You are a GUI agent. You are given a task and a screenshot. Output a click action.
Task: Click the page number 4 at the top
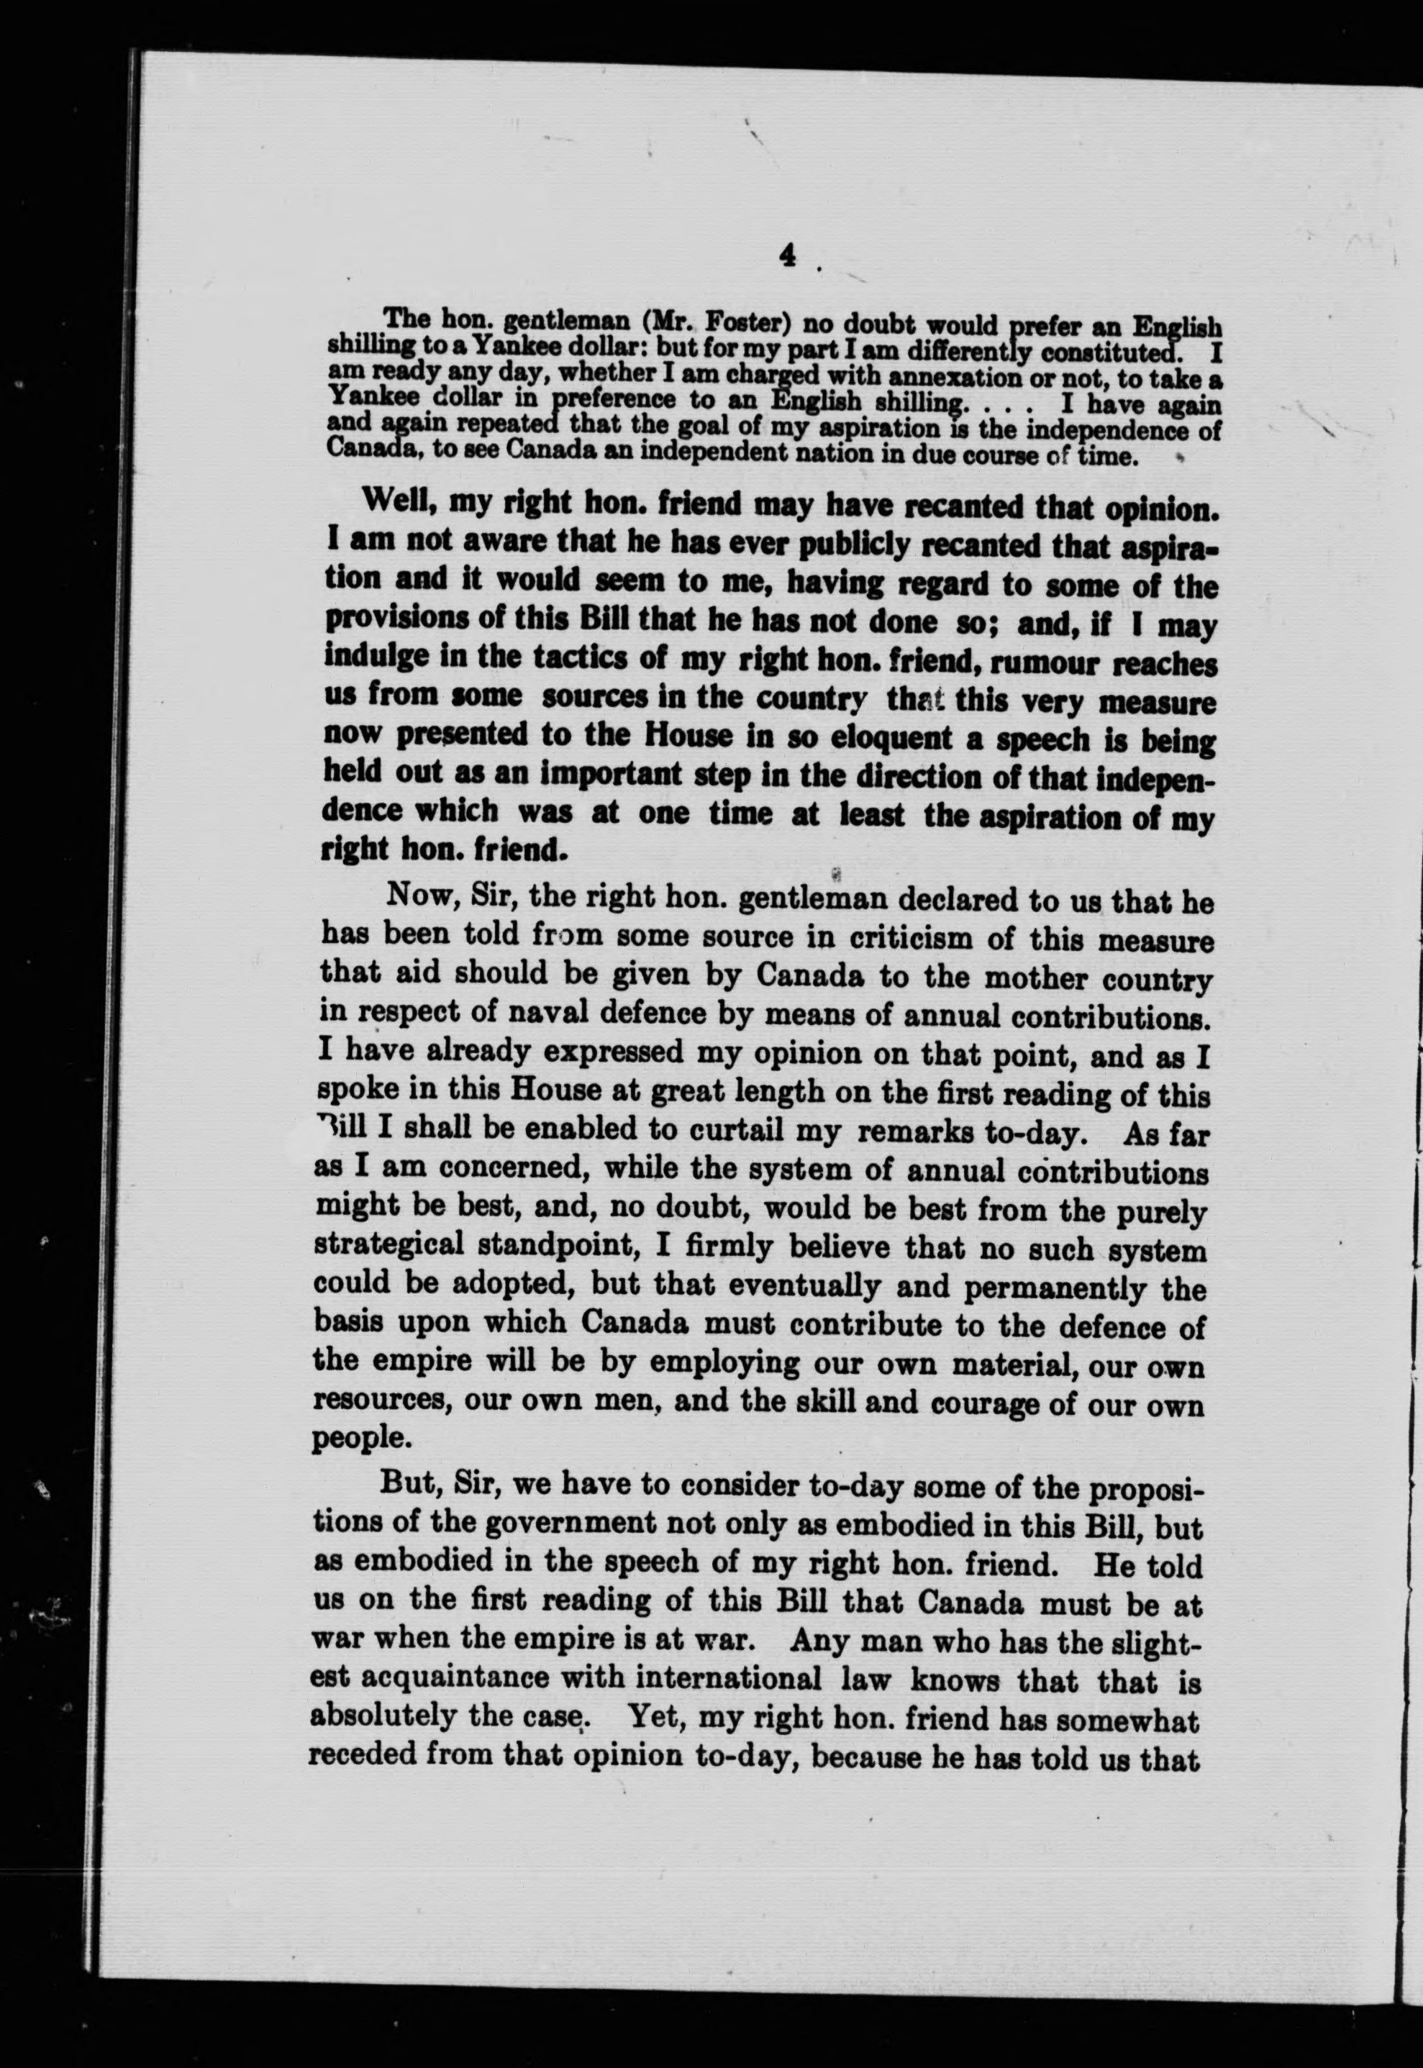point(786,256)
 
